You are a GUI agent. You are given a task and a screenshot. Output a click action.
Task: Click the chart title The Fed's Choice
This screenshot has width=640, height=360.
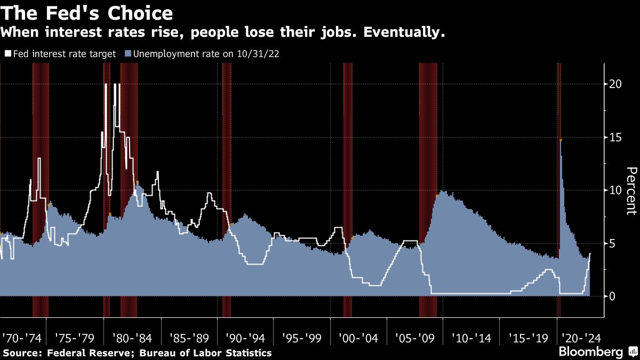click(87, 13)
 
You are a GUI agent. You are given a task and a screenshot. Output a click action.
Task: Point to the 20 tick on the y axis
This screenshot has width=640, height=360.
click(615, 84)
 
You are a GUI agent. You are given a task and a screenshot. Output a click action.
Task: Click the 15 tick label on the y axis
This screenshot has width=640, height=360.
click(615, 137)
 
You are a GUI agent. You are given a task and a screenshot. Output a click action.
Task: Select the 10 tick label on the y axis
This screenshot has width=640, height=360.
click(615, 190)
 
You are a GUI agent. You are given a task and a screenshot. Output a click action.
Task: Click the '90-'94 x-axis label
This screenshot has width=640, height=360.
click(245, 338)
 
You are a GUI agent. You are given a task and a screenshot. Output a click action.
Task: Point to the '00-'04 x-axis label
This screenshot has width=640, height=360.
click(358, 338)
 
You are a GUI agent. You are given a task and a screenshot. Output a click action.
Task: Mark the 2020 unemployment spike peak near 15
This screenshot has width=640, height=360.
click(560, 140)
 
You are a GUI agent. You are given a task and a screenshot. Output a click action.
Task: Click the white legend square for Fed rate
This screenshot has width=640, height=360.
click(7, 54)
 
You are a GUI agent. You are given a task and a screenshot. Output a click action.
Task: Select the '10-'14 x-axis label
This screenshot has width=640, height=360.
click(471, 338)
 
